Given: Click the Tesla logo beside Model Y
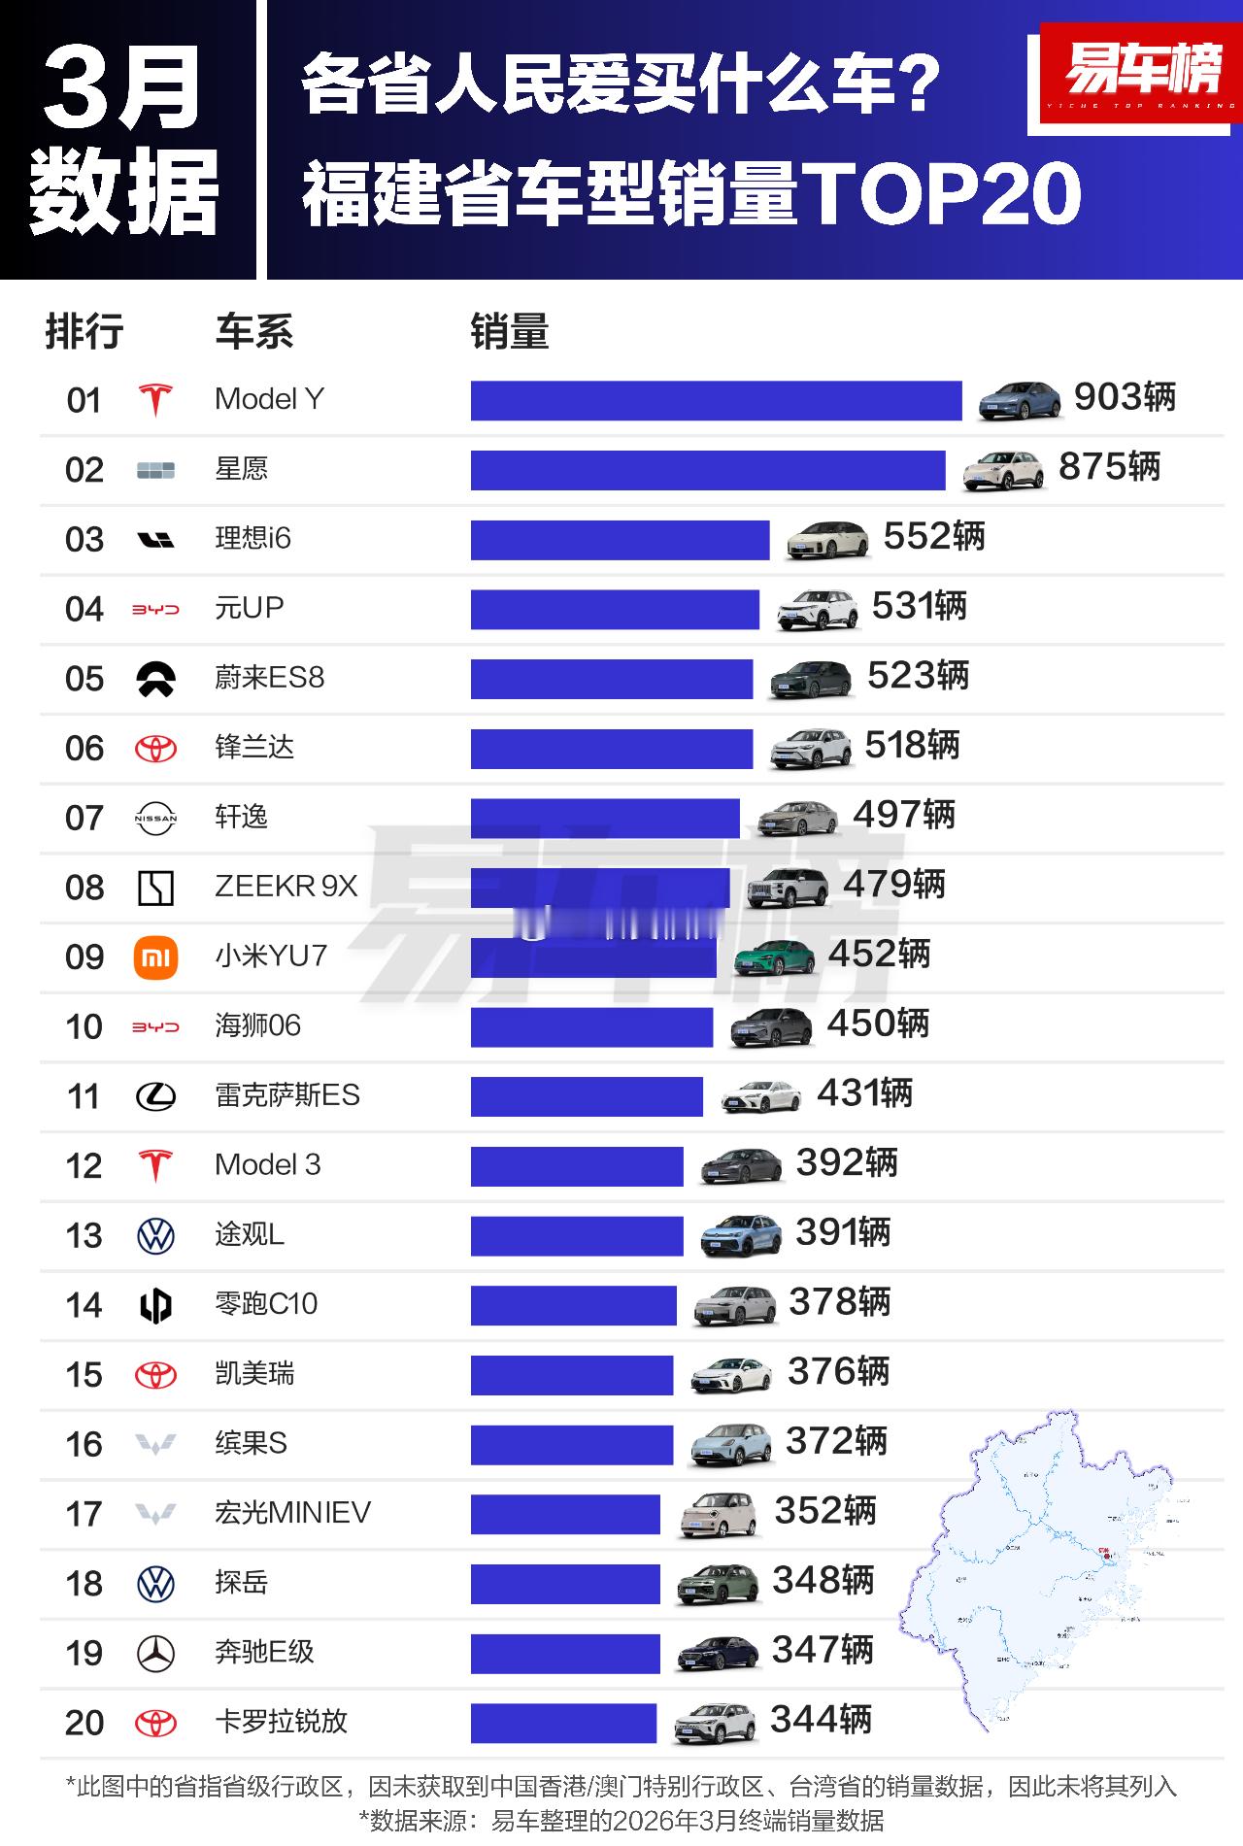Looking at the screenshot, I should point(155,399).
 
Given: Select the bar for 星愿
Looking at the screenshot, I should point(707,470).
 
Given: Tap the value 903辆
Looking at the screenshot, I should point(1125,397).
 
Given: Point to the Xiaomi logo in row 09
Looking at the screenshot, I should point(155,957).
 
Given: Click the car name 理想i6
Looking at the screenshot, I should point(252,538).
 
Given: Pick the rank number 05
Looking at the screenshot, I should point(84,679).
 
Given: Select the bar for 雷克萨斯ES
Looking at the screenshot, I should point(587,1096).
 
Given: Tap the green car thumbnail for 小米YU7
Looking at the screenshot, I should point(774,957).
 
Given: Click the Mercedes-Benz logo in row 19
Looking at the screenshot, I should point(155,1653).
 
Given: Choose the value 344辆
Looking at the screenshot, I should point(821,1721).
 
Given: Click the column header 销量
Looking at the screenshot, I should point(510,332).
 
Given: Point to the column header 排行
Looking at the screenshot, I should point(84,332).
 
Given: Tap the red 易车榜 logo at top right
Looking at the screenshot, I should point(1141,73).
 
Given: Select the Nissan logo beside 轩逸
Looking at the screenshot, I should point(155,819).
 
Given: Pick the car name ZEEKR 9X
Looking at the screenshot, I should point(286,887).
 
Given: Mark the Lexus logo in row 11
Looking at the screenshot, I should point(155,1097).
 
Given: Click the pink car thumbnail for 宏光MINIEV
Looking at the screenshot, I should point(718,1514).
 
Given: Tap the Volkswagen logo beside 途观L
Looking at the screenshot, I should point(155,1236).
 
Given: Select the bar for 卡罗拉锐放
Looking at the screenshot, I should point(563,1724).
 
